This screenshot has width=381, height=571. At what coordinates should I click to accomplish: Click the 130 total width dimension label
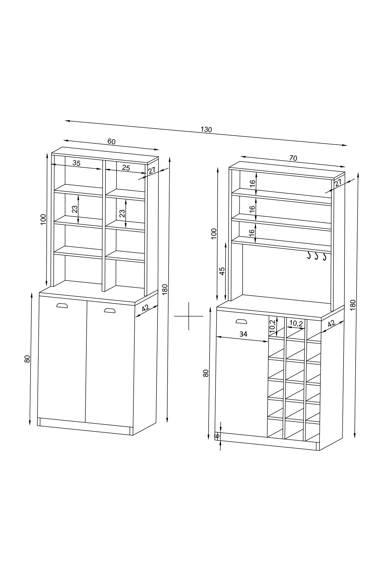pos(206,129)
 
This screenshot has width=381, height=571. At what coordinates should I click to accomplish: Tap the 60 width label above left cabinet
pos(111,141)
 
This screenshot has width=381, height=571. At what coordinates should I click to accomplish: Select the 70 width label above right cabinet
pos(293,158)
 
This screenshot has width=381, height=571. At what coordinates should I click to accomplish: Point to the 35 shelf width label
pos(77,163)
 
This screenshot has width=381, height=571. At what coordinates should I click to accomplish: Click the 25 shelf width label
pos(126,168)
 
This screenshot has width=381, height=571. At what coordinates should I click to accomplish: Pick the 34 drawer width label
pos(243,334)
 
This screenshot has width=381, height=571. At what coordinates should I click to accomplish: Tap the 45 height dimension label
pos(222,271)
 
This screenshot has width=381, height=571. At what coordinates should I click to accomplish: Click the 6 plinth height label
pos(217,436)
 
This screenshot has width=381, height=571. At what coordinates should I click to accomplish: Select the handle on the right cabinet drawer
pos(241,321)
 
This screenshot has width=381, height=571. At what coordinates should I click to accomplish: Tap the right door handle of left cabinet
pos(110,310)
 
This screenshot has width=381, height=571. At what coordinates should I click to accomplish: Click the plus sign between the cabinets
pos(189,316)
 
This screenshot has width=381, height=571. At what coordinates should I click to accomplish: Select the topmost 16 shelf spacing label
pos(252,183)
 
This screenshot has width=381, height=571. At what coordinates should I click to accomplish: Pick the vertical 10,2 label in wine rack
pos(272,326)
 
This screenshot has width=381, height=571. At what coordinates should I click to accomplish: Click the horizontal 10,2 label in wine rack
pos(296,323)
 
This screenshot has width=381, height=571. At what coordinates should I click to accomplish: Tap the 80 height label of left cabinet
pos(27,359)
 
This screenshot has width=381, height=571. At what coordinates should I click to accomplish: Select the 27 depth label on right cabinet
pos(338,182)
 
